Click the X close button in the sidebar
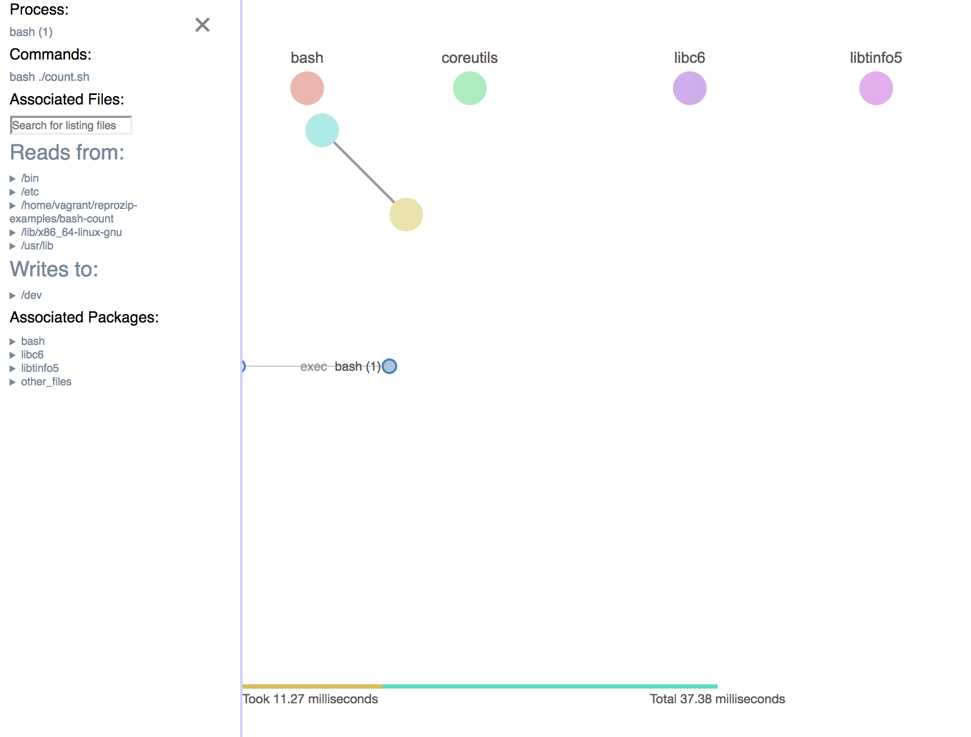click(x=202, y=25)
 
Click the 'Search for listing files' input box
click(x=71, y=125)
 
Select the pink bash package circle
click(x=307, y=88)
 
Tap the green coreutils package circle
click(x=469, y=88)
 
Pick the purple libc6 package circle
click(x=689, y=88)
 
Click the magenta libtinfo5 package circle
click(x=876, y=88)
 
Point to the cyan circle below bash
click(x=322, y=130)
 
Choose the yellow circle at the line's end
click(x=406, y=215)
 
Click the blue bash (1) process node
click(x=389, y=366)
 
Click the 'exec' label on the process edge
click(x=313, y=367)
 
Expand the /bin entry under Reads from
click(x=29, y=178)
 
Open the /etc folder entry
click(x=29, y=192)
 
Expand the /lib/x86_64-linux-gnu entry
click(x=71, y=232)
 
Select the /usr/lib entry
click(x=36, y=245)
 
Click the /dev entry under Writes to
click(x=31, y=295)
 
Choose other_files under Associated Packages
click(x=46, y=381)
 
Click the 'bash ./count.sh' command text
click(x=49, y=77)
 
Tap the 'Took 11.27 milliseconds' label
click(x=310, y=699)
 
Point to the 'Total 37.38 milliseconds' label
click(x=717, y=699)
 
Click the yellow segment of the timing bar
click(x=312, y=686)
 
